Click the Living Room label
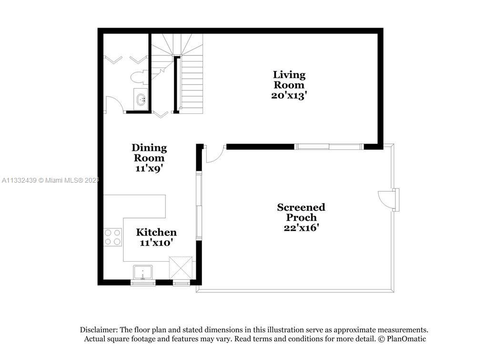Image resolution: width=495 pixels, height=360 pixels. coord(289,80)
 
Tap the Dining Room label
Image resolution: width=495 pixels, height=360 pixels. coord(149,153)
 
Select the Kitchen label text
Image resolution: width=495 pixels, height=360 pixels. coord(156,232)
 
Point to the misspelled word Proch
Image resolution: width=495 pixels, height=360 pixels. coord(301,217)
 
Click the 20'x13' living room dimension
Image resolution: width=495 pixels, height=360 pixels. coord(289,95)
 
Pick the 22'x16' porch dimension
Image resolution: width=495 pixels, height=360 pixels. coord(301,227)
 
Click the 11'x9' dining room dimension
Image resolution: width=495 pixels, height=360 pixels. coord(149,168)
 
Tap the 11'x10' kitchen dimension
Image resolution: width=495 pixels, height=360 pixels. coord(156,243)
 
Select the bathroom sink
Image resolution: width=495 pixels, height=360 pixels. coord(141,99)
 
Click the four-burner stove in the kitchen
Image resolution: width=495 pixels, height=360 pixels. coord(113,237)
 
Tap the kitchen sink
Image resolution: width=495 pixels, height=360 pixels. coord(143,272)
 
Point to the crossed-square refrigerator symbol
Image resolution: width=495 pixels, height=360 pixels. coord(181,267)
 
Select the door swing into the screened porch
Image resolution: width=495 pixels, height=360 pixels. coord(215,154)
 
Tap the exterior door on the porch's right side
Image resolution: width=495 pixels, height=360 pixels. coord(388,199)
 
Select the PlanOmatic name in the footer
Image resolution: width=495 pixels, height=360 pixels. coord(406,339)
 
